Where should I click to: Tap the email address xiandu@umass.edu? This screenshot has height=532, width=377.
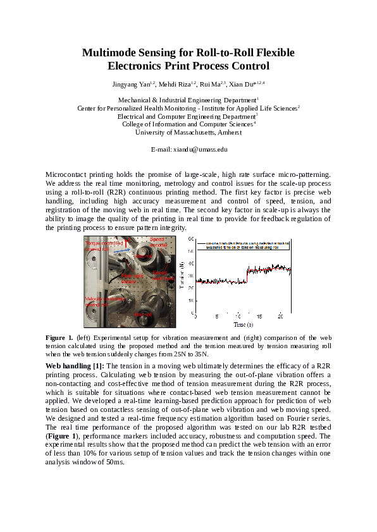(188, 149)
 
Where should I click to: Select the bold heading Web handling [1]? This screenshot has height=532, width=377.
(76, 366)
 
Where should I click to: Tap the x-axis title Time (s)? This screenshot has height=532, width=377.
(244, 324)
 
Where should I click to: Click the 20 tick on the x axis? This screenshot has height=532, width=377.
(280, 317)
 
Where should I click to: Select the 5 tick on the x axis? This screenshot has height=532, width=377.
(216, 317)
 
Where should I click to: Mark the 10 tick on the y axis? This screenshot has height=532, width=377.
(190, 300)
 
